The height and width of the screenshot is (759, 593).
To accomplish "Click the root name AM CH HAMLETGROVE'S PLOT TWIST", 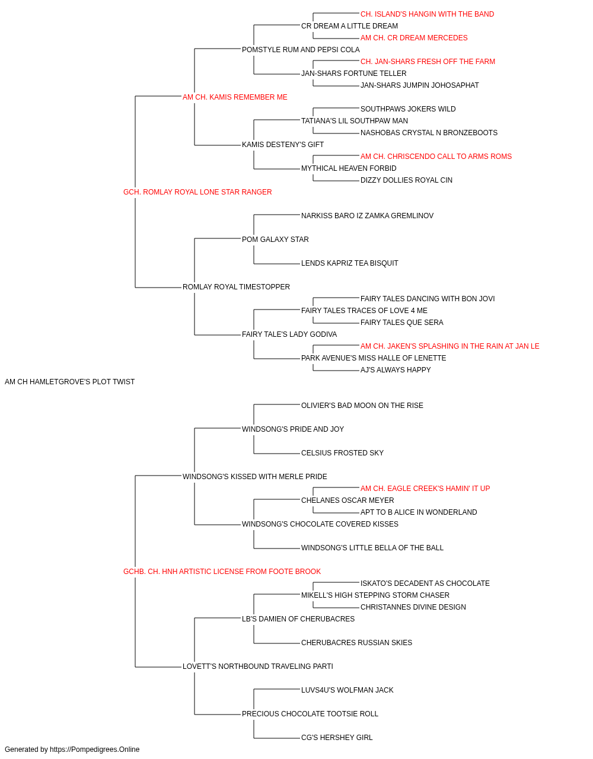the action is pos(69,382).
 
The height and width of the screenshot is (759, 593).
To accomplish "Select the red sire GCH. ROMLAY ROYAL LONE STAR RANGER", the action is pos(197,192).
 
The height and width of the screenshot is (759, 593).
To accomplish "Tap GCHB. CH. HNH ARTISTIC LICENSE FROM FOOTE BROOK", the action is pos(222,572).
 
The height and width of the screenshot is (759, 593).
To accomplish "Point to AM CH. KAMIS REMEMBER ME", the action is pos(235,97).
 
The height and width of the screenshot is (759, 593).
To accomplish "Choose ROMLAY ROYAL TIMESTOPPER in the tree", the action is pos(236,287).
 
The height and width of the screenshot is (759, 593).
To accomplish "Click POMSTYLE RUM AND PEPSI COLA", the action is pos(301,50).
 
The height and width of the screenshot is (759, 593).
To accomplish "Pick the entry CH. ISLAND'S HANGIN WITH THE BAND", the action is pos(427,14).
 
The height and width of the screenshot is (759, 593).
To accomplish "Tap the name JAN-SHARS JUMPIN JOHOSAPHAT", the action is pos(419,85).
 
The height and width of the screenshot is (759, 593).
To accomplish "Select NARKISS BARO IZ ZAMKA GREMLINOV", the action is pos(368,216).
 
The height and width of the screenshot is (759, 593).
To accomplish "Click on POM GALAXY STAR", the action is pos(275,240).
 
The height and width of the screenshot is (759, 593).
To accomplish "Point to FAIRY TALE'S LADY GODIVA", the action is pos(289,334).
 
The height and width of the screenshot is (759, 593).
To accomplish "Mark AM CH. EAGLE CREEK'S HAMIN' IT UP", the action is pos(425,488).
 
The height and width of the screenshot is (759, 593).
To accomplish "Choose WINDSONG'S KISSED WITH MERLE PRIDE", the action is pos(254,476).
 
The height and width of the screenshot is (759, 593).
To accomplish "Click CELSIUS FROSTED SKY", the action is pos(342,453).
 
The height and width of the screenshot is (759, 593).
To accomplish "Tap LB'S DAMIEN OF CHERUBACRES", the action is pos(298,619).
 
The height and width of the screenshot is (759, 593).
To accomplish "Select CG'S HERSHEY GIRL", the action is pos(337,737).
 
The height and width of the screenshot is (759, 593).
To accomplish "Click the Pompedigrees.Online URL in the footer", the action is pos(95,750).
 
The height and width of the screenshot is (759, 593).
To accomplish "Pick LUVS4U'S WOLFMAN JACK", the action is pos(347,690).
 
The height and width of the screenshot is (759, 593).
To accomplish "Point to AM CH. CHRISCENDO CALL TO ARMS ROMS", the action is pos(436,157).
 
